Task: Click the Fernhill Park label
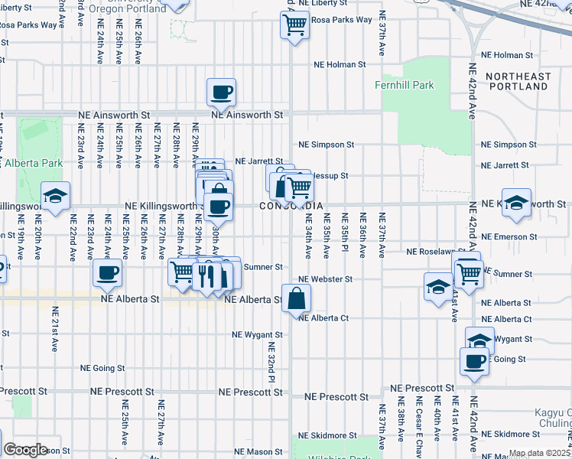coord(405,86)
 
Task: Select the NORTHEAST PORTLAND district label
coord(518,82)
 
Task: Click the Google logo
coord(25,449)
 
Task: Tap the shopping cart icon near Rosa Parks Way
coord(294,24)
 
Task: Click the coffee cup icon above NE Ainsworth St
coord(222,93)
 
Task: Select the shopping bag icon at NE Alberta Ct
coord(296,298)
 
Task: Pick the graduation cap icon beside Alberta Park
coord(56,197)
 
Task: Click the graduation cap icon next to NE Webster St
coord(438,288)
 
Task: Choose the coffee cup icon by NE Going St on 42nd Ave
coord(474,360)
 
